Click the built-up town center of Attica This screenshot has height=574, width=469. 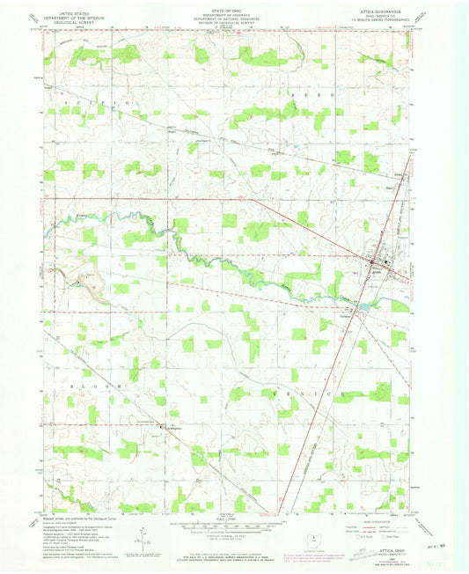pyautogui.click(x=374, y=262)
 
